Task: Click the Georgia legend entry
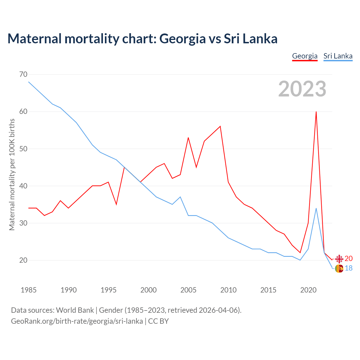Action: [x=305, y=56]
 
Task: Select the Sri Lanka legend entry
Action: [x=338, y=56]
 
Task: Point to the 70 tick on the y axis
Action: [x=23, y=75]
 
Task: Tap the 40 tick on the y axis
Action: [x=23, y=186]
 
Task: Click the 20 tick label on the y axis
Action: [x=23, y=260]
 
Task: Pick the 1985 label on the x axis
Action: [x=29, y=290]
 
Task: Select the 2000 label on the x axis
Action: [x=148, y=290]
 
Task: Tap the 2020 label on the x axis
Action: [x=308, y=290]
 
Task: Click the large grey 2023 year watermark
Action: [x=302, y=89]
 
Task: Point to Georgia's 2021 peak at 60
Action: [x=316, y=112]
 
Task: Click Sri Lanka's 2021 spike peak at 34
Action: [x=316, y=208]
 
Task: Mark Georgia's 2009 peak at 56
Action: [x=220, y=126]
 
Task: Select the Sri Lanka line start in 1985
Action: [x=29, y=82]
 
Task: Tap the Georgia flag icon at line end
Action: [x=339, y=259]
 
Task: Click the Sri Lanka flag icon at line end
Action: [x=339, y=269]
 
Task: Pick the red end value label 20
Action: [x=348, y=259]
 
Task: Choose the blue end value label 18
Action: [x=348, y=268]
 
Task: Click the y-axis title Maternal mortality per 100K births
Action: [x=12, y=174]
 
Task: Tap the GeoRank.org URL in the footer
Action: [x=77, y=321]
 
